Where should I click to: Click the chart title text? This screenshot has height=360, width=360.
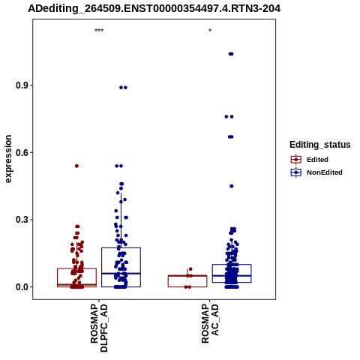click(x=154, y=8)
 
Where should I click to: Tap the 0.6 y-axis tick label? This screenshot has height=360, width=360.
click(x=21, y=152)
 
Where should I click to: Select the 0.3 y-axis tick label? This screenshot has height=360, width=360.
click(x=21, y=220)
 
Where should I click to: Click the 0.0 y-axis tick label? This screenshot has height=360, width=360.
click(x=21, y=287)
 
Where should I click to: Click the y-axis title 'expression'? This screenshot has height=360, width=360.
click(x=8, y=159)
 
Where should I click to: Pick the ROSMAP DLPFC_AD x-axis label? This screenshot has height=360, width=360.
click(x=99, y=328)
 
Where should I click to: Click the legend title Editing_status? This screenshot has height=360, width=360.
click(x=320, y=145)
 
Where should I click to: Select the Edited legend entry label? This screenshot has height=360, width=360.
click(x=317, y=160)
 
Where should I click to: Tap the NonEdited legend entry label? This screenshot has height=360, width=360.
click(x=325, y=172)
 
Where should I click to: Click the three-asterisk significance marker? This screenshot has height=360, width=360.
click(x=99, y=31)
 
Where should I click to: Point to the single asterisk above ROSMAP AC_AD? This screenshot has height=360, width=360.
click(x=210, y=30)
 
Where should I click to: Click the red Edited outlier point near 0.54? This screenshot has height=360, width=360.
click(x=76, y=166)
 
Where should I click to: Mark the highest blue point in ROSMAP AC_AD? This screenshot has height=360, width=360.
click(x=231, y=54)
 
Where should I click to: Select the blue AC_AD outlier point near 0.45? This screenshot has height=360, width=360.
click(x=232, y=186)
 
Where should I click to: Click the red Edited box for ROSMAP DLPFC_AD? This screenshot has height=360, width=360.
click(x=76, y=268)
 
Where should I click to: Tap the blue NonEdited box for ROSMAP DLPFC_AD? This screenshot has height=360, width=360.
click(x=121, y=248)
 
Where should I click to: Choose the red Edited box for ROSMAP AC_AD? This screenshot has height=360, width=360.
click(x=187, y=275)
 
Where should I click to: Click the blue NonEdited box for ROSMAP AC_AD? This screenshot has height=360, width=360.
click(x=232, y=265)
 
